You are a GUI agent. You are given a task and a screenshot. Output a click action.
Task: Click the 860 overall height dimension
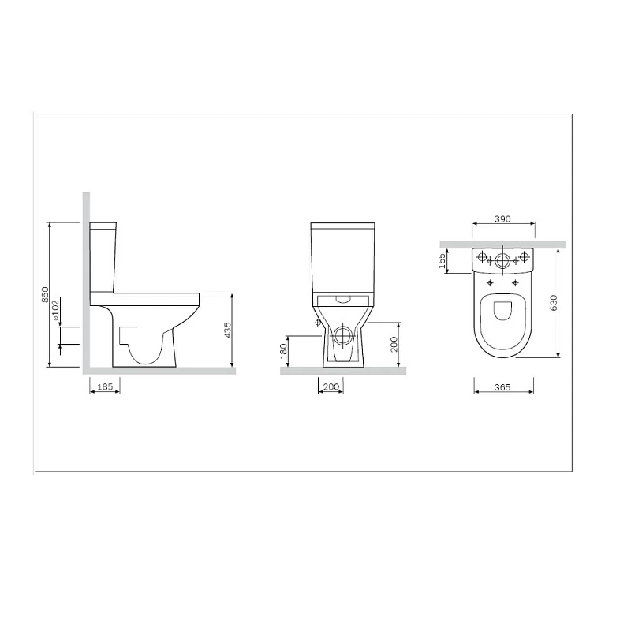click(x=46, y=294)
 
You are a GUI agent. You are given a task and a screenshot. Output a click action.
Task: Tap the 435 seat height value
click(x=227, y=330)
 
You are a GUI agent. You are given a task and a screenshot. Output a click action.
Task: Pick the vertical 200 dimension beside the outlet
click(x=394, y=345)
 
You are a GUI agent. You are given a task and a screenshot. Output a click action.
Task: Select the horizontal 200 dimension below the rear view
click(x=330, y=387)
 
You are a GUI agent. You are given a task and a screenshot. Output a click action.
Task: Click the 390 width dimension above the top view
click(x=503, y=218)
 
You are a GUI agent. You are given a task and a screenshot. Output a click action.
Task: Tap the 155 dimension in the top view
click(x=443, y=261)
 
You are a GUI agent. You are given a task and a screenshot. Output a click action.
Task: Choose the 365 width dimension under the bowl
click(x=503, y=387)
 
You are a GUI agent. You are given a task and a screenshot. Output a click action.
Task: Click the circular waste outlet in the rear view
click(x=342, y=335)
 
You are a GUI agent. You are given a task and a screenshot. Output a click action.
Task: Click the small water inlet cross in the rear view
click(x=317, y=323)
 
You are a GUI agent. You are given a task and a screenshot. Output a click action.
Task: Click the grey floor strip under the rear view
click(x=342, y=371)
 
